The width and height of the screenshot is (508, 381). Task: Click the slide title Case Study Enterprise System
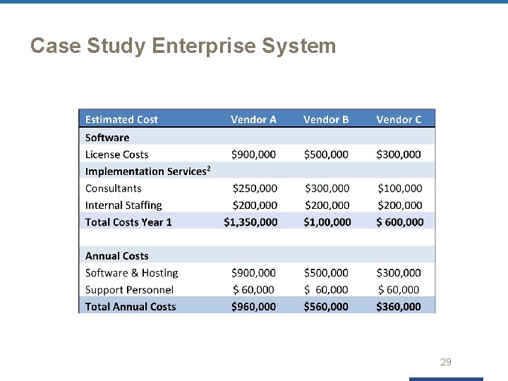(183, 47)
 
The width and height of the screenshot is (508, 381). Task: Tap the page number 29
(445, 362)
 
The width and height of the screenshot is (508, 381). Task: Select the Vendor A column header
(253, 119)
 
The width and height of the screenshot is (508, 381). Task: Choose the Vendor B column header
(326, 119)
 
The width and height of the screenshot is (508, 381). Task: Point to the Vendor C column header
(399, 119)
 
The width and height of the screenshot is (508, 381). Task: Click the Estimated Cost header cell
(121, 119)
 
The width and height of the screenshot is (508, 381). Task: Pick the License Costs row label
(116, 155)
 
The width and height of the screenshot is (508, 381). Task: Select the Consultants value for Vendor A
(255, 188)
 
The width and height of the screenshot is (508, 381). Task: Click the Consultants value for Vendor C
(400, 188)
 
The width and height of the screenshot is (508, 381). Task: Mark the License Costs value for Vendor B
(326, 155)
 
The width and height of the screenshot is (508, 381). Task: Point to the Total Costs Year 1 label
(128, 222)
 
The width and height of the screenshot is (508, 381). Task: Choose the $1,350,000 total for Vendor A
(250, 222)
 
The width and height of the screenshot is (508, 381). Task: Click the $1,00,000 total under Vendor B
(327, 222)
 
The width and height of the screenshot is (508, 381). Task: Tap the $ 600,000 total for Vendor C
(399, 222)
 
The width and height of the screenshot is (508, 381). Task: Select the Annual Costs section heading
(116, 256)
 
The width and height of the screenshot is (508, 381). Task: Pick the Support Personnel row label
(129, 290)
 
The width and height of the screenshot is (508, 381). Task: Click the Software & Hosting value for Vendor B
(326, 273)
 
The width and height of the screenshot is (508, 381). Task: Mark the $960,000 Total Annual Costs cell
(253, 307)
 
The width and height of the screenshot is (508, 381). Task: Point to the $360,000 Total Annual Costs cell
(399, 307)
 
